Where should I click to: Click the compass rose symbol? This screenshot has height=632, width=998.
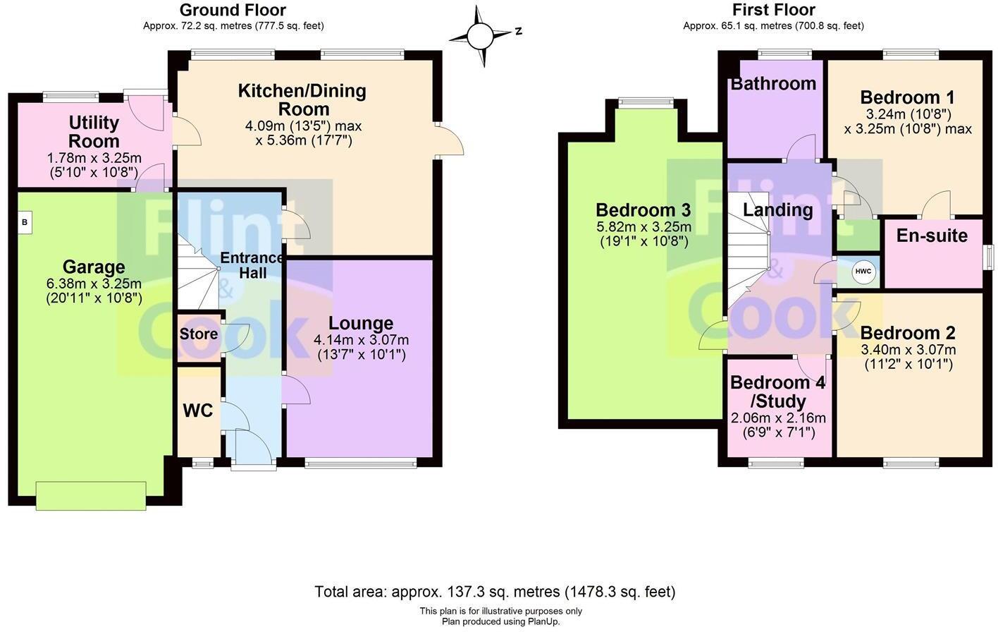(x=482, y=35)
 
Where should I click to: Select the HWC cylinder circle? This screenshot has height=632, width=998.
(x=863, y=272)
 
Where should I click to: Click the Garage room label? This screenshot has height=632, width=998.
(x=94, y=267)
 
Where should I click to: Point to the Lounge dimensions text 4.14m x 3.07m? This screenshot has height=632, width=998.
(x=361, y=340)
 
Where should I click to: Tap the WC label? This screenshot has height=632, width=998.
(x=197, y=411)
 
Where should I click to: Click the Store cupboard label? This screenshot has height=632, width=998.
(x=198, y=334)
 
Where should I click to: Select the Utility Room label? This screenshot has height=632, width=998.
(x=94, y=132)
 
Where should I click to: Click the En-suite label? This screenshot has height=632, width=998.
(x=931, y=236)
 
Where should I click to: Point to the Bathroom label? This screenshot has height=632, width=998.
(x=773, y=83)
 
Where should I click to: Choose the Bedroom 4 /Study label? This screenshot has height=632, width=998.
(x=777, y=392)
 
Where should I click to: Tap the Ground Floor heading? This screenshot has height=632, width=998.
(x=233, y=10)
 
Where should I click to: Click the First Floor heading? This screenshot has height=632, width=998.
(x=773, y=10)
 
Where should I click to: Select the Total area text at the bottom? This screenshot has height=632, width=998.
(x=494, y=591)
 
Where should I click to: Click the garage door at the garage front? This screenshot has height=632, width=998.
(x=91, y=495)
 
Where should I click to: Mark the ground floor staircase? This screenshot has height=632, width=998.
(x=197, y=275)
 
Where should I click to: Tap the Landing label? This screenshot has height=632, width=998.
(x=777, y=209)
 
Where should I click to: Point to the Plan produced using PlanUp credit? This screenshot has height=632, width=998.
(x=500, y=621)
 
